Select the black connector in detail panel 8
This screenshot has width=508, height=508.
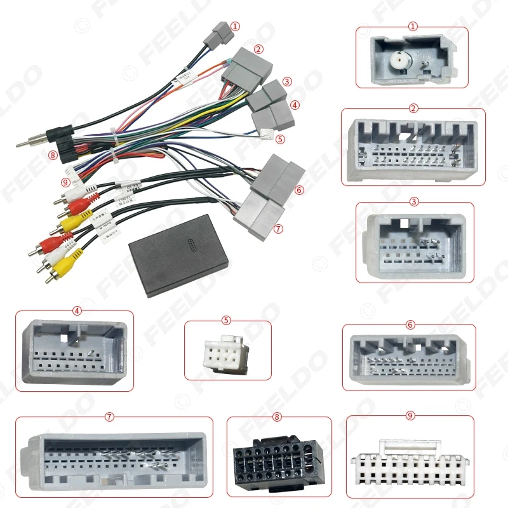pos(279,462)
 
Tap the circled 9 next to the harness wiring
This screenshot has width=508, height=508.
pos(65,182)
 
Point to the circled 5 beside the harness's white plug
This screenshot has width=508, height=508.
pos(280,138)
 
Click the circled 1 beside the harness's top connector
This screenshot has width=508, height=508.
pos(236,27)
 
